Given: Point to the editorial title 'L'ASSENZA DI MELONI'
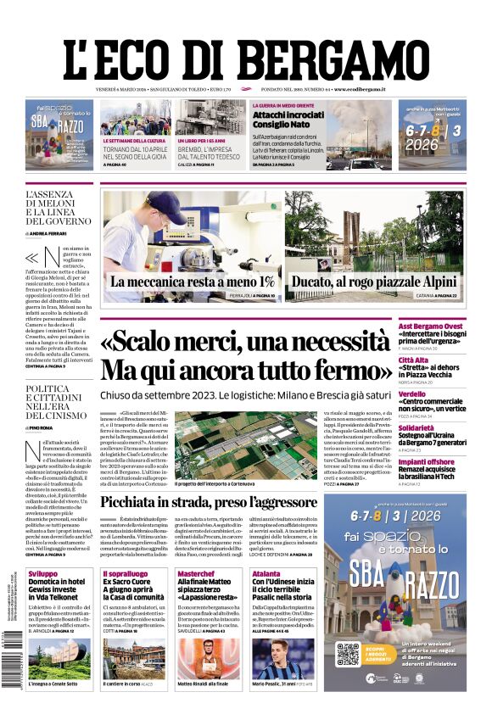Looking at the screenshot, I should pos(58,207).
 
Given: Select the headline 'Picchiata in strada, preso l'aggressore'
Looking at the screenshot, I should pos(209,502).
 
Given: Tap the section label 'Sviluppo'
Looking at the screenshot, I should pos(42,574).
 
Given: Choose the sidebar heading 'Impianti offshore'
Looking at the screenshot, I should pos(452,461).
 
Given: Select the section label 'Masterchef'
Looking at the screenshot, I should pos(196,574).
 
